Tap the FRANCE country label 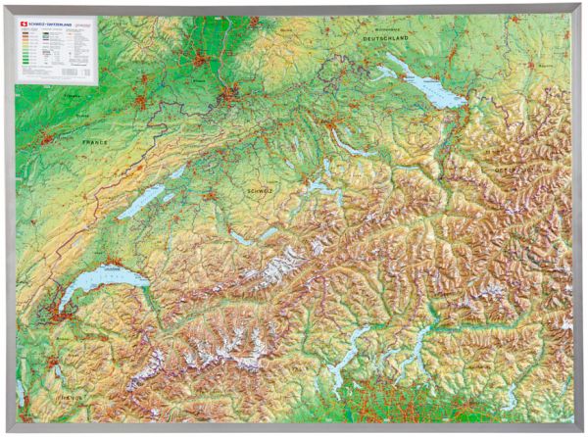pos(95,143)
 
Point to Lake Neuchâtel pos(142,201)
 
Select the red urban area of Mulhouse pos(201,59)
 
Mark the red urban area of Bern pos(209,196)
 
